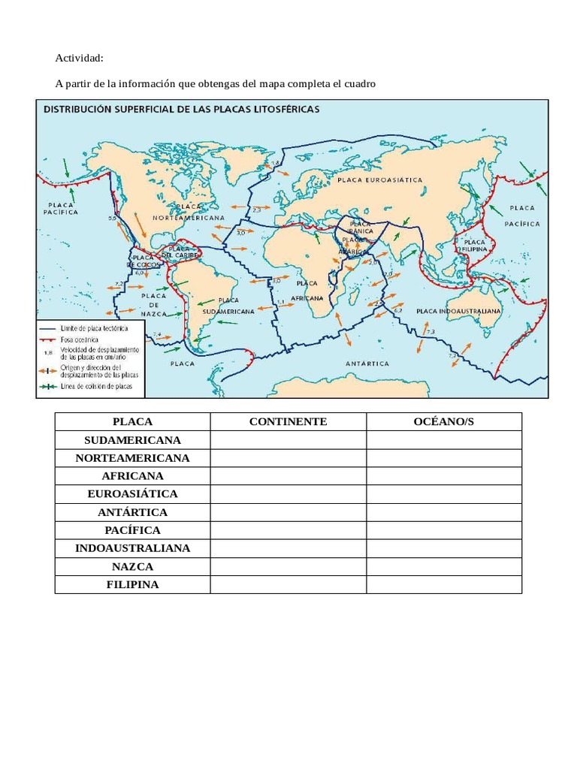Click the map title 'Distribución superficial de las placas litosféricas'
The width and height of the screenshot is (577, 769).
point(182,109)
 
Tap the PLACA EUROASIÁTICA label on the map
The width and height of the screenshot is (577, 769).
point(380,180)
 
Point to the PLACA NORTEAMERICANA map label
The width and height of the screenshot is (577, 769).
point(189,211)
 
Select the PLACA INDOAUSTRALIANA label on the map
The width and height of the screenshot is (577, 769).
point(458,309)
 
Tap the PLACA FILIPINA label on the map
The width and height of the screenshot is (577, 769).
point(474,247)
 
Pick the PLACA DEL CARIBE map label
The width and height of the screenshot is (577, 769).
point(179,252)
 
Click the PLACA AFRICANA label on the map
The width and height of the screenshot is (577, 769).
point(307,290)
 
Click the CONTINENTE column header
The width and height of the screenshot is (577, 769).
point(288,421)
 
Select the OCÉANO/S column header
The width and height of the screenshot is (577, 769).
point(444,421)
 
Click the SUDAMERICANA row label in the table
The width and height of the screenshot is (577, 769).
point(133,439)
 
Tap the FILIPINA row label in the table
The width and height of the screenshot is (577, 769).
point(133,584)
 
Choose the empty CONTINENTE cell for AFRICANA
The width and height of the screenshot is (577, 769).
point(288,476)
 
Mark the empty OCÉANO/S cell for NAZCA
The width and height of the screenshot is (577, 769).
point(444,566)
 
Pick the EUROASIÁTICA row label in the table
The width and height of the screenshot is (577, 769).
point(133,494)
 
